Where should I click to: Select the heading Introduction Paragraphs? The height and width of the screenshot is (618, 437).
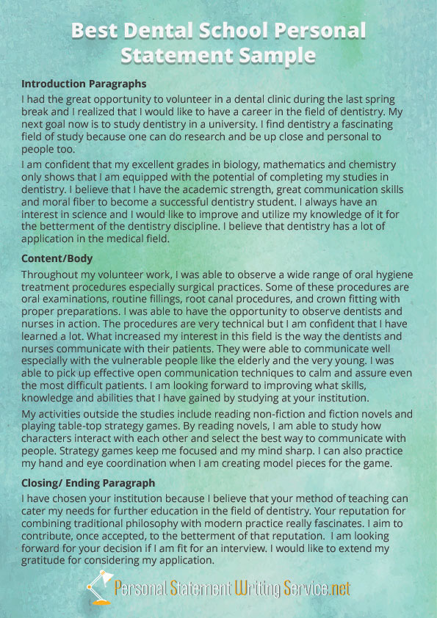(x=84, y=84)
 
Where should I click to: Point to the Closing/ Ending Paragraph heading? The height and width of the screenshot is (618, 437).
(x=88, y=483)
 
